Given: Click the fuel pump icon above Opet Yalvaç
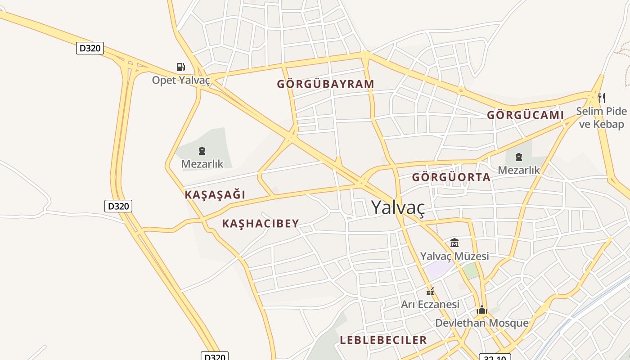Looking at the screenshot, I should pyautogui.click(x=180, y=67).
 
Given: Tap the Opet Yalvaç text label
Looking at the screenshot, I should pyautogui.click(x=181, y=80).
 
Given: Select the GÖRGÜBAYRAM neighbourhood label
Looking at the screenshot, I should pyautogui.click(x=325, y=84).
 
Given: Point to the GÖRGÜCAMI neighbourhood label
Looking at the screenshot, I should pyautogui.click(x=525, y=115).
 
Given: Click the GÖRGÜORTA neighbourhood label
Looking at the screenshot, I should pyautogui.click(x=451, y=177).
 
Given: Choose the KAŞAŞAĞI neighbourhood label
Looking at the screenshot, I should pyautogui.click(x=215, y=195).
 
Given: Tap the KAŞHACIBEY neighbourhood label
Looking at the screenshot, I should pyautogui.click(x=261, y=224).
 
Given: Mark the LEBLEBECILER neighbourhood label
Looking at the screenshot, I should pyautogui.click(x=383, y=340).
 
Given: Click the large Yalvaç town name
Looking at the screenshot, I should pyautogui.click(x=398, y=207).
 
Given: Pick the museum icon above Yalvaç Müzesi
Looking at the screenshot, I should pyautogui.click(x=454, y=243).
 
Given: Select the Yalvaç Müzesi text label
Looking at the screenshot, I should pyautogui.click(x=454, y=256).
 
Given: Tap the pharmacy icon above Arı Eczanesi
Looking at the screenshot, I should pyautogui.click(x=430, y=292).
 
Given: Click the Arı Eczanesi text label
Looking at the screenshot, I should pyautogui.click(x=430, y=304).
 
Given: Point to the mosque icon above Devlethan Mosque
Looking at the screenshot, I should pyautogui.click(x=482, y=310).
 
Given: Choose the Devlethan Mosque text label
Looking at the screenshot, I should pyautogui.click(x=481, y=323).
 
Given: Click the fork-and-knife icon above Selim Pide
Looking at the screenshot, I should pyautogui.click(x=601, y=98).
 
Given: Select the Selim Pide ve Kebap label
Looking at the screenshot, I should pyautogui.click(x=601, y=117).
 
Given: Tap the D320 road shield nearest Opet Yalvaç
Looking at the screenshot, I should pyautogui.click(x=90, y=48).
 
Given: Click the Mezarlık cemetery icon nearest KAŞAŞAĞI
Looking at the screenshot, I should pyautogui.click(x=202, y=151).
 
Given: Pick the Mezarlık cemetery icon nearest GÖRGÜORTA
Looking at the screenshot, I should pyautogui.click(x=518, y=157).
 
